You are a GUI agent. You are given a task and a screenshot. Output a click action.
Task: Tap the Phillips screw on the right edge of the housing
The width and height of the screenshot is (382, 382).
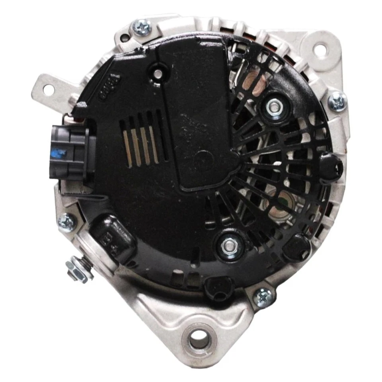(x=337, y=101)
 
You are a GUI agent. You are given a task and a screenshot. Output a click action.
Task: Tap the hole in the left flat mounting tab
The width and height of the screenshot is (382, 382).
(x=48, y=90)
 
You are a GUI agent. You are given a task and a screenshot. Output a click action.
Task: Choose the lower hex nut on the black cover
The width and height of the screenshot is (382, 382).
(x=230, y=244)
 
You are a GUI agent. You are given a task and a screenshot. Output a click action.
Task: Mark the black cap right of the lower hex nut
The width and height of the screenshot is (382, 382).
(x=296, y=247)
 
